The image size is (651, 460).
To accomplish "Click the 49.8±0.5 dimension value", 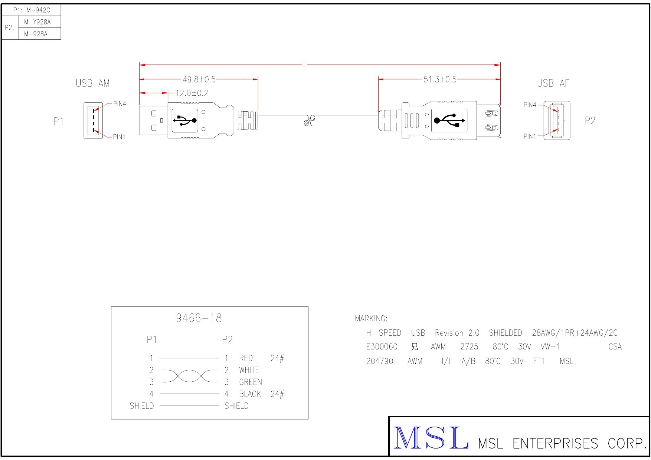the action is (x=199, y=79).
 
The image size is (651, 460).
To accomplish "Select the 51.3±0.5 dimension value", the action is (x=440, y=79).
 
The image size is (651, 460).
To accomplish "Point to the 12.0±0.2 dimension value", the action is (x=192, y=93).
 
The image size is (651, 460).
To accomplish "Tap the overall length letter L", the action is (x=305, y=66).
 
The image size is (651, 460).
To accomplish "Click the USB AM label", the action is (x=93, y=83).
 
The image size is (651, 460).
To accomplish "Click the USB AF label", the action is (x=553, y=83).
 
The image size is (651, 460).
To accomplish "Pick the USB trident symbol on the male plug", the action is (x=185, y=120).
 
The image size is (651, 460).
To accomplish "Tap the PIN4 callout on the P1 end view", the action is (x=120, y=104).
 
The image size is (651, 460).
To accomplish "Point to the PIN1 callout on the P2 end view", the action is (x=530, y=136).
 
